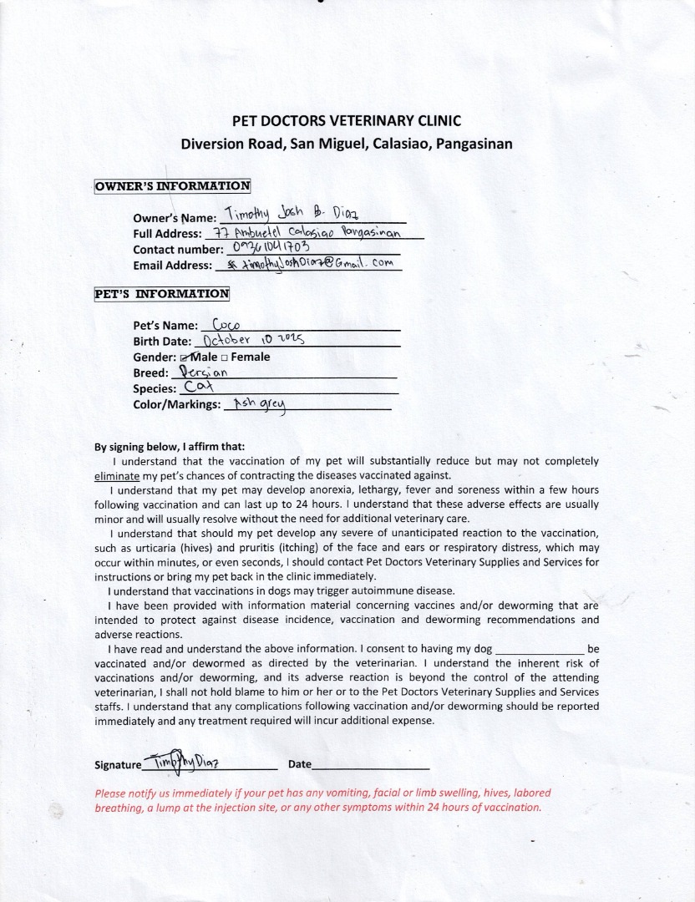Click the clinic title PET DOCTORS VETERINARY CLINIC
[x=347, y=121]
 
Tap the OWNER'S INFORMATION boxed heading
[x=172, y=186]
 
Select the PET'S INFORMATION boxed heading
[x=161, y=294]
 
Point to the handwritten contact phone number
[x=271, y=247]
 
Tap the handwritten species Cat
[x=200, y=388]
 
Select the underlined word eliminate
[x=117, y=475]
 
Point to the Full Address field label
[x=167, y=234]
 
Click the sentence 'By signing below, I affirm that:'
[x=170, y=446]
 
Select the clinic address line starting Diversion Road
[x=347, y=143]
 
